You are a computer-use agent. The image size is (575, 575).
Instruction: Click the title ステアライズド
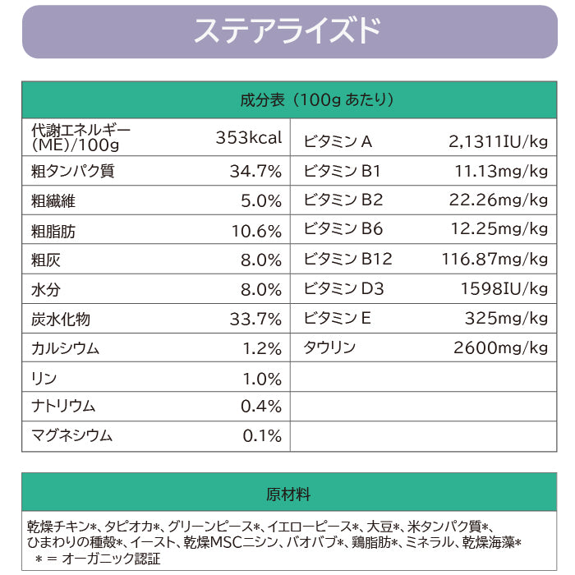pyautogui.click(x=287, y=31)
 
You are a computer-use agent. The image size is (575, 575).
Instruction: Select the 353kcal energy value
pyautogui.click(x=249, y=137)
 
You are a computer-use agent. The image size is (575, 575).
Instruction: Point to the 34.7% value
pyautogui.click(x=255, y=172)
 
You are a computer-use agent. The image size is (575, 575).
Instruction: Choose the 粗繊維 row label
pyautogui.click(x=53, y=201)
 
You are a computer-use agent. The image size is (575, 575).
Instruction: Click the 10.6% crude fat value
pyautogui.click(x=255, y=231)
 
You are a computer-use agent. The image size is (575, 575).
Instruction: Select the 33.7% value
pyautogui.click(x=255, y=319)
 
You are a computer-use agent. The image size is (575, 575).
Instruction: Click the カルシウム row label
pyautogui.click(x=65, y=348)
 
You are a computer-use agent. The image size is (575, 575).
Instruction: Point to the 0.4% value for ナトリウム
pyautogui.click(x=260, y=407)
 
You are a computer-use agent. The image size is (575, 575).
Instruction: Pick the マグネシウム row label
pyautogui.click(x=71, y=436)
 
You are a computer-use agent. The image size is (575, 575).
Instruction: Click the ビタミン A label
pyautogui.click(x=338, y=142)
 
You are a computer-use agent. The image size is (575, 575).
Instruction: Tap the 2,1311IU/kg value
pyautogui.click(x=498, y=142)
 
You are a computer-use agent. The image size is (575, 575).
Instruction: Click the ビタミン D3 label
pyautogui.click(x=343, y=289)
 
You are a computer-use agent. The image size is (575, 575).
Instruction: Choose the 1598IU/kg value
pyautogui.click(x=503, y=289)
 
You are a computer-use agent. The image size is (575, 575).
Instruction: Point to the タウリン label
pyautogui.click(x=329, y=347)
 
